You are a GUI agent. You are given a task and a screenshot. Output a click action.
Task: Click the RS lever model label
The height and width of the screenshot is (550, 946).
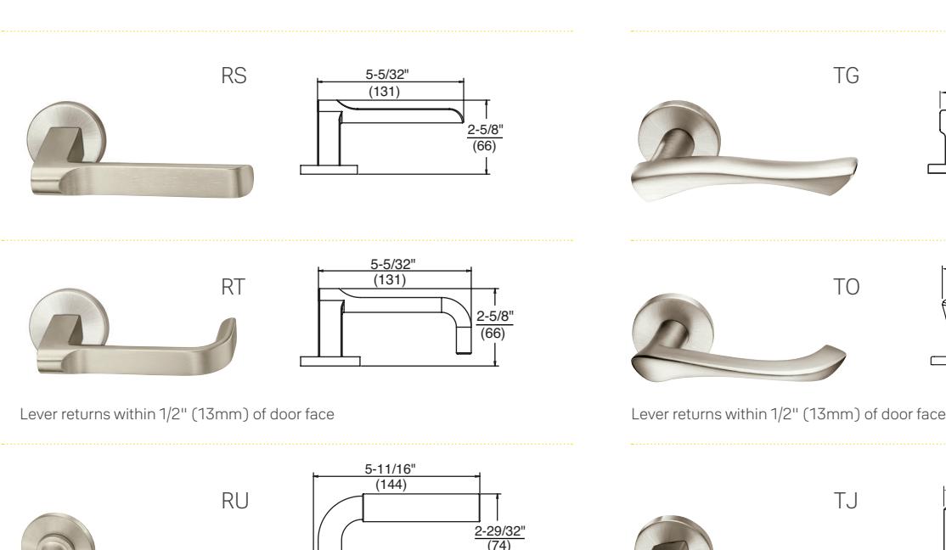pyautogui.click(x=234, y=76)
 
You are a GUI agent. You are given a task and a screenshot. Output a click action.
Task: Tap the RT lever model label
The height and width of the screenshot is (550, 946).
pyautogui.click(x=234, y=287)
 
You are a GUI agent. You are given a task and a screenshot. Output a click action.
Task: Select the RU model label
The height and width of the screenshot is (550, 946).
pyautogui.click(x=234, y=501)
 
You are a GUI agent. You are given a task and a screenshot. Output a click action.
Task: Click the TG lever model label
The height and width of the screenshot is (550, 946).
pyautogui.click(x=846, y=76)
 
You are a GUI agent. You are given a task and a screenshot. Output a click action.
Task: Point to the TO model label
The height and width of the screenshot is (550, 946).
pyautogui.click(x=846, y=287)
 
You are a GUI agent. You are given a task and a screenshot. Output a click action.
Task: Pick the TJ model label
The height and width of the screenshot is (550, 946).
pyautogui.click(x=845, y=501)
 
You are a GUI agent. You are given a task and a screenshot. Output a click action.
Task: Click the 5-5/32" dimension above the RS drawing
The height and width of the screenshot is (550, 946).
pyautogui.click(x=386, y=74)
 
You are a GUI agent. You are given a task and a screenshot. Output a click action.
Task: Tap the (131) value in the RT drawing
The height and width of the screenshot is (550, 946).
pyautogui.click(x=390, y=280)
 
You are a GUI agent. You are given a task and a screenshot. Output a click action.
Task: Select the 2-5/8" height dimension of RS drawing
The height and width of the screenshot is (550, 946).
pyautogui.click(x=485, y=130)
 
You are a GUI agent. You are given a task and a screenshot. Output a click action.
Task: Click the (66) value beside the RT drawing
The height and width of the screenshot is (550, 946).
pyautogui.click(x=493, y=333)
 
